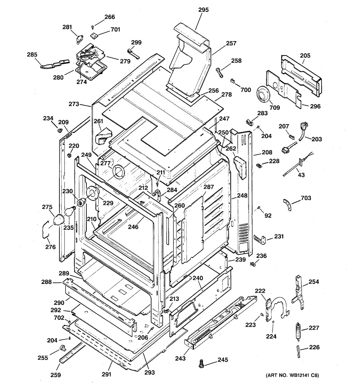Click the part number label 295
coord(203,10)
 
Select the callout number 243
coord(180,358)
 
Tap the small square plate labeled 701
coord(95,35)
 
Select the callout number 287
coord(208,187)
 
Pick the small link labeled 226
coord(298,351)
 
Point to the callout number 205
coord(305,56)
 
